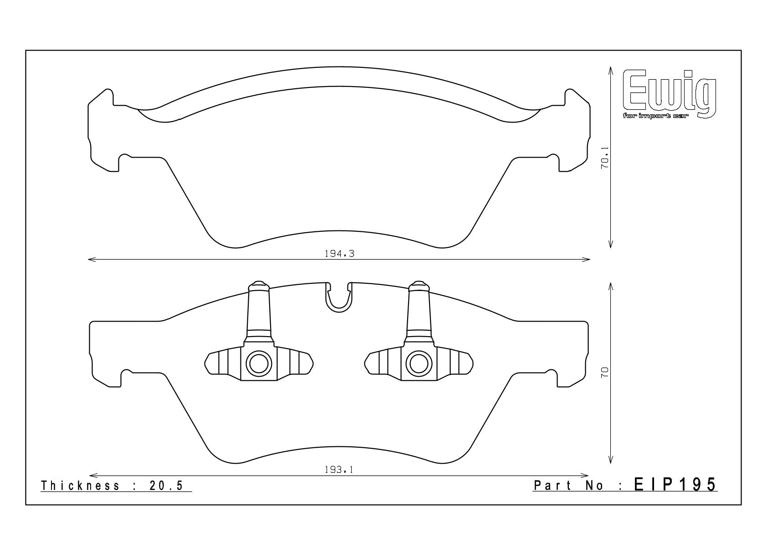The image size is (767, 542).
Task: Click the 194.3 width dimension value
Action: tap(339, 254)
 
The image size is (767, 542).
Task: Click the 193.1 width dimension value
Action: tap(339, 470)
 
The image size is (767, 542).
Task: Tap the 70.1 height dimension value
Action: tap(605, 158)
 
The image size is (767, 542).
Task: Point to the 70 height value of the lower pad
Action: tap(605, 372)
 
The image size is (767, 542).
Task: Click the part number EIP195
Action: tap(675, 485)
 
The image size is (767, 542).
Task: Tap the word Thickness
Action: tap(80, 486)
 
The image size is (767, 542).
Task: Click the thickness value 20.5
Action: tap(166, 486)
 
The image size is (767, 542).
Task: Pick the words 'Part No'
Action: tap(568, 486)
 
